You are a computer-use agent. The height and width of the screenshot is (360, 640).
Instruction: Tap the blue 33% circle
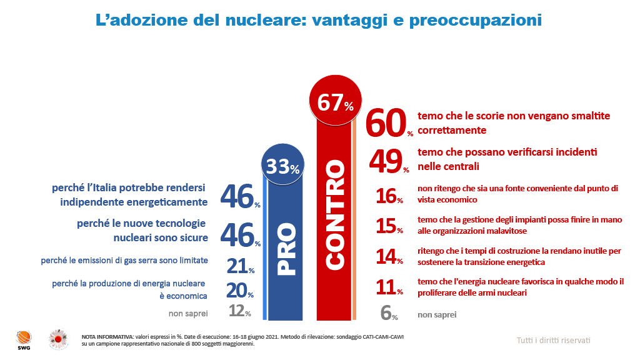pos(283,166)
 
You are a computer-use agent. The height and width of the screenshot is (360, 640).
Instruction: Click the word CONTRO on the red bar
pos(336,216)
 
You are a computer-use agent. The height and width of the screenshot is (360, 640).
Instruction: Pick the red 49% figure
pos(387,161)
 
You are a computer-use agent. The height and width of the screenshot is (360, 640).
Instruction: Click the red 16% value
pos(388,196)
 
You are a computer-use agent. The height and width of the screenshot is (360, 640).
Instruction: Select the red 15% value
pos(388,226)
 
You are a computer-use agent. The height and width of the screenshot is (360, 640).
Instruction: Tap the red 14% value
pos(388,256)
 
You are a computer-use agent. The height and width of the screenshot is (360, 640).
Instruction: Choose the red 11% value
pos(388,287)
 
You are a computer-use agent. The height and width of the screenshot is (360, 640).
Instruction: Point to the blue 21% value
pos(238,266)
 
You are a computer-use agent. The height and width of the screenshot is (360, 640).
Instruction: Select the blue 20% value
pos(238,291)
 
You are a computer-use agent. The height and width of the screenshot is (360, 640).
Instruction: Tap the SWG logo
pos(23,340)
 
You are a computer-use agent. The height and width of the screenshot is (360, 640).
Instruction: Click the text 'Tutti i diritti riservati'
pos(553,340)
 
